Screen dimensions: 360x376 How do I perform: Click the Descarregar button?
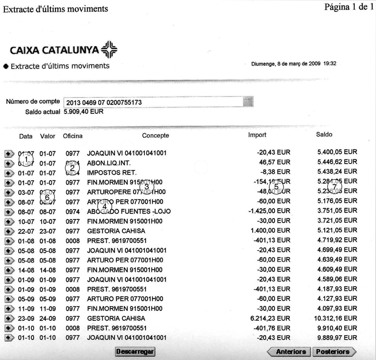(135, 352)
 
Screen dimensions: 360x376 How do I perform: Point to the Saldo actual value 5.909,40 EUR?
(84, 112)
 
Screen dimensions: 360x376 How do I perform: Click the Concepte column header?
(155, 135)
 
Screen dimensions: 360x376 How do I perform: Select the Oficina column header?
(72, 135)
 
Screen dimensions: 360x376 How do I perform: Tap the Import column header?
(257, 135)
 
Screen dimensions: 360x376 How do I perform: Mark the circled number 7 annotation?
(335, 187)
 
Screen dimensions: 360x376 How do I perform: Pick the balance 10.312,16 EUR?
(337, 318)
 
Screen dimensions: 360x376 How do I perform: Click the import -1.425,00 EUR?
(273, 212)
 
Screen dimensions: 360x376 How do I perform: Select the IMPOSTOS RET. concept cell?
(112, 172)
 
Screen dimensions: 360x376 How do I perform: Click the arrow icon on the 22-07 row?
(9, 231)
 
